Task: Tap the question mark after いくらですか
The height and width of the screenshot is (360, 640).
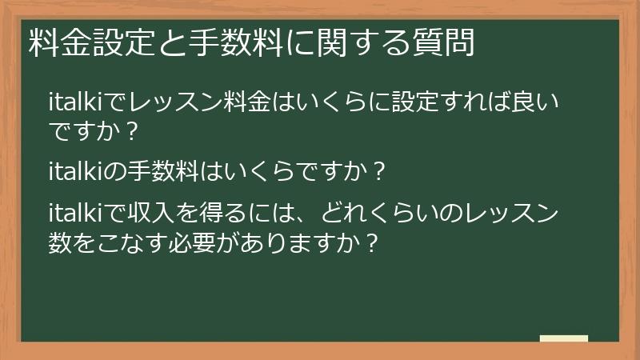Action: click(x=379, y=170)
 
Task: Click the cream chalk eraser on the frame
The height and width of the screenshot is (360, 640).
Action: click(x=563, y=338)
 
